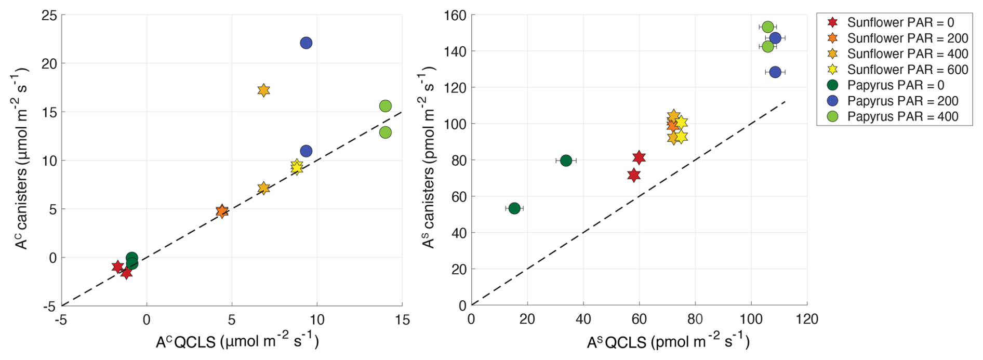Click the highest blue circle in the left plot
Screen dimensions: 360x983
coord(306,43)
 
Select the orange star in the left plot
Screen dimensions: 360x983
coord(222,211)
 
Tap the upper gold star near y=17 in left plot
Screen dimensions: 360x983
coord(263,90)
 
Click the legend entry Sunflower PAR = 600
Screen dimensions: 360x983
coord(907,70)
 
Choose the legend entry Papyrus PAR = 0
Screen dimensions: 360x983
coord(903,85)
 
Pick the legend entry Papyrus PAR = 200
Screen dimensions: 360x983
coord(903,101)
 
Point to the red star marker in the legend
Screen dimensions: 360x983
coord(832,22)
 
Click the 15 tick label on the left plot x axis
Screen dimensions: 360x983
coord(402,319)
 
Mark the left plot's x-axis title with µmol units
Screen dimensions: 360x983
coord(237,342)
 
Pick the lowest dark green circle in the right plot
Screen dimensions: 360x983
coord(514,208)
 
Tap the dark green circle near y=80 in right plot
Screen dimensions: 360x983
coord(566,161)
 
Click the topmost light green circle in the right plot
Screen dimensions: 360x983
coord(768,27)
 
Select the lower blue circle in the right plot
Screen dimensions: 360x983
coord(775,72)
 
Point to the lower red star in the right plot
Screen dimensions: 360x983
coord(633,175)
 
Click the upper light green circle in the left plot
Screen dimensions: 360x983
coord(385,106)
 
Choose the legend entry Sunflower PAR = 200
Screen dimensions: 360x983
coord(907,38)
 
